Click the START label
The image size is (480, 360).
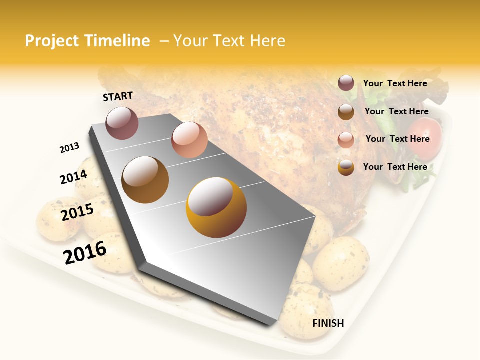(118, 96)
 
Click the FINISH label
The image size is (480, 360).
(328, 323)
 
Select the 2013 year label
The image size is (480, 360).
(69, 148)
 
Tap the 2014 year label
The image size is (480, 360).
(73, 177)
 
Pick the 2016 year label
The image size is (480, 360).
(85, 252)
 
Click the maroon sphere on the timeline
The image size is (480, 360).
(122, 123)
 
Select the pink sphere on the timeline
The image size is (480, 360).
(189, 140)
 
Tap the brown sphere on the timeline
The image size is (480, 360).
(145, 180)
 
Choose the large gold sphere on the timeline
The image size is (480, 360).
(216, 207)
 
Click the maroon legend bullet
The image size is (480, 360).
(346, 83)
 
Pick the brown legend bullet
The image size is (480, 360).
(346, 112)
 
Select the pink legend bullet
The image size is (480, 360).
(346, 139)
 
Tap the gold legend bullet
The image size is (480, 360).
(346, 167)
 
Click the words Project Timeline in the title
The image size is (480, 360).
(87, 41)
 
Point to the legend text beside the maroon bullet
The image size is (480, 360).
(395, 83)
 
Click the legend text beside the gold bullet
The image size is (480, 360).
(395, 167)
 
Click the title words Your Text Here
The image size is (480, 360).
(229, 41)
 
